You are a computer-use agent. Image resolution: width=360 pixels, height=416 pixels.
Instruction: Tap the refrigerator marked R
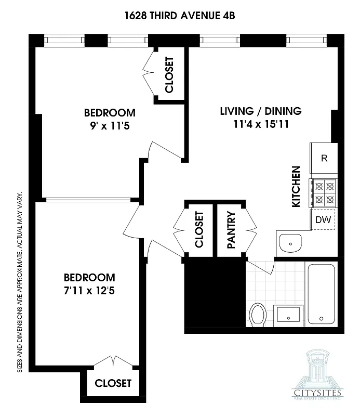pos(324,159)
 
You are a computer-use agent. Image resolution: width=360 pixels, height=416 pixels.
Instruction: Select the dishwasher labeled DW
pos(323,219)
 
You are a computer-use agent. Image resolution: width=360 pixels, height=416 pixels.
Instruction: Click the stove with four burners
pos(323,192)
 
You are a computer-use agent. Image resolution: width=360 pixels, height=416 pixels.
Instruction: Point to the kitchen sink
pos(290,243)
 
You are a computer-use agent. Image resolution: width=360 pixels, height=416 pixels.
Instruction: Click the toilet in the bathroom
pos(258,315)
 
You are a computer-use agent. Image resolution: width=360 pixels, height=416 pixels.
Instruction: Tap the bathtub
pos(322,294)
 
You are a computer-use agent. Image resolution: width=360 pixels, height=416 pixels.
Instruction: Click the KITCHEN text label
pos(296,187)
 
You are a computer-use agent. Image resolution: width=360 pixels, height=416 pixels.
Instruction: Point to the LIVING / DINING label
pos(261,111)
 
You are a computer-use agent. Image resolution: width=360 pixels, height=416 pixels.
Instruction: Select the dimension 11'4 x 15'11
pos(261,124)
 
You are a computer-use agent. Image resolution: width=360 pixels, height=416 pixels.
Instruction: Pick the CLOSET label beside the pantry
pos(198,230)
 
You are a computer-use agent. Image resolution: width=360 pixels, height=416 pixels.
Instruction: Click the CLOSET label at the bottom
pos(113,383)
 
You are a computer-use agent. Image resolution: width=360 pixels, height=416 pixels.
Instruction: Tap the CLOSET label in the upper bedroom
pos(169,74)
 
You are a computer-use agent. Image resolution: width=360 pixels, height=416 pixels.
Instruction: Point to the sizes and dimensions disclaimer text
pos(20,281)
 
